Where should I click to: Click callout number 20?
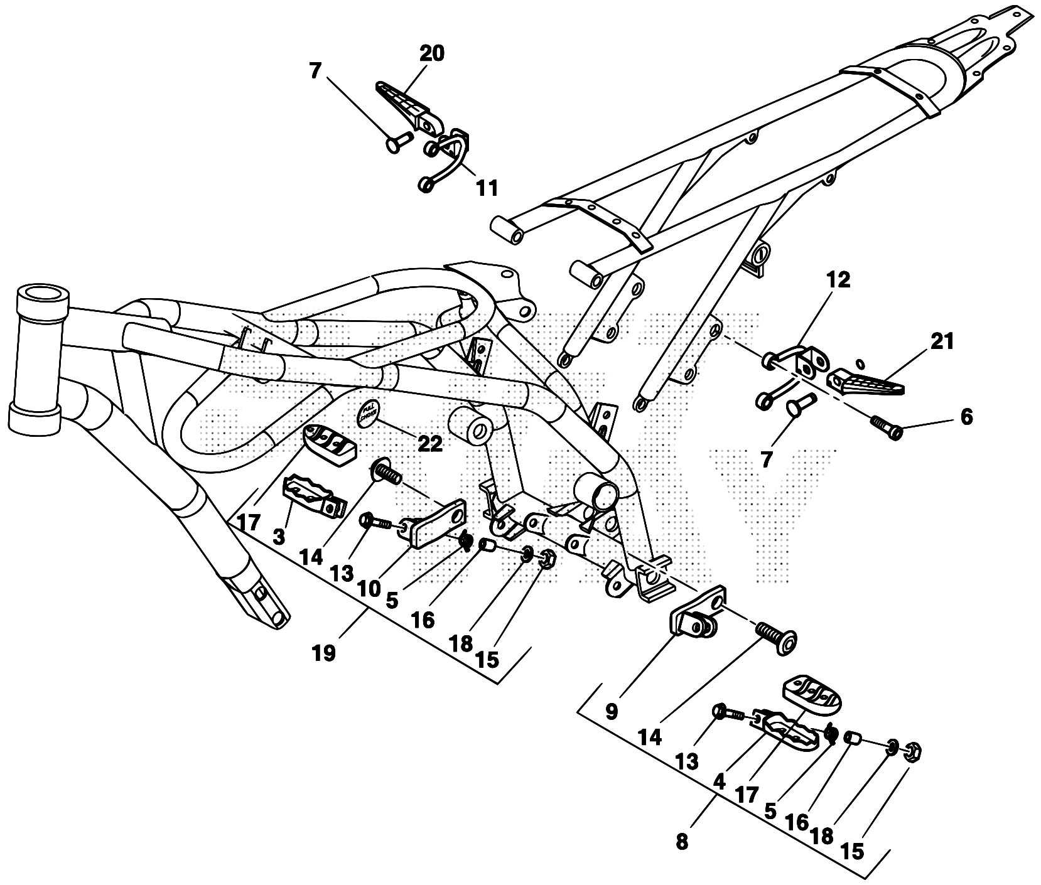point(432,54)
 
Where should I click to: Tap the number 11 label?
point(487,187)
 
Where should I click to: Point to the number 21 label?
point(941,341)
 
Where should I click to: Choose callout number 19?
point(325,653)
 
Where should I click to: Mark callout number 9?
point(612,712)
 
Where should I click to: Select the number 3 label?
point(279,537)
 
